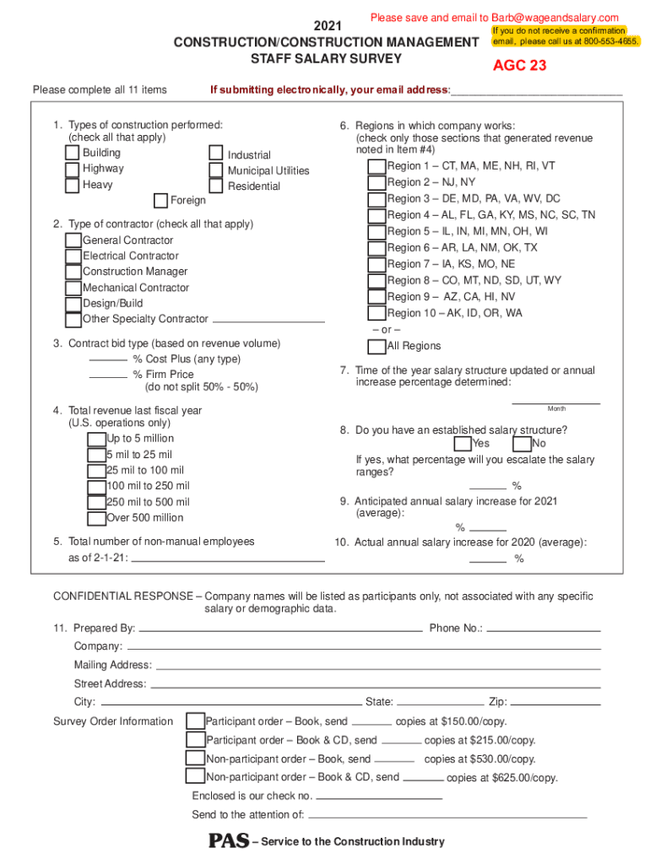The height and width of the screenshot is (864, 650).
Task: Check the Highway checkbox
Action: click(x=73, y=169)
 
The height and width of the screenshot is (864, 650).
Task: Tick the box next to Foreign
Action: click(x=160, y=201)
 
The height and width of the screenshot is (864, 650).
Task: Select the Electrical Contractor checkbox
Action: click(x=73, y=256)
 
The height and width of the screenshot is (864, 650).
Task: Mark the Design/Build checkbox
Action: click(x=73, y=304)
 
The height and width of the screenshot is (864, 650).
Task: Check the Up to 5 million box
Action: click(x=96, y=439)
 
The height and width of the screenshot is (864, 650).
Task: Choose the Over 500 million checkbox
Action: click(x=96, y=518)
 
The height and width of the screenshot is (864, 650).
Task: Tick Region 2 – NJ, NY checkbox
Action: click(x=376, y=182)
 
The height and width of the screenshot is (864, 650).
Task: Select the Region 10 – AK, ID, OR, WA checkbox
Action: click(x=376, y=313)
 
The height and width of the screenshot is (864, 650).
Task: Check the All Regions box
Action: click(x=376, y=346)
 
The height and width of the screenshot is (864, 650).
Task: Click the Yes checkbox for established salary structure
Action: click(x=463, y=444)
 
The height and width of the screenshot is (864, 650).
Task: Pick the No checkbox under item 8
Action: click(x=522, y=444)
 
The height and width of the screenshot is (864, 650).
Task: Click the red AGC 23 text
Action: click(x=519, y=66)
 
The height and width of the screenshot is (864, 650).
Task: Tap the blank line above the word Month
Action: click(x=556, y=402)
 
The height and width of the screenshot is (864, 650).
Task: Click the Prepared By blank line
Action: click(x=279, y=629)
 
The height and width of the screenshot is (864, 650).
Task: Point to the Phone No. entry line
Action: click(x=544, y=629)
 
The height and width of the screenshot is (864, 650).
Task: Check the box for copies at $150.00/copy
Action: click(x=195, y=721)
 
